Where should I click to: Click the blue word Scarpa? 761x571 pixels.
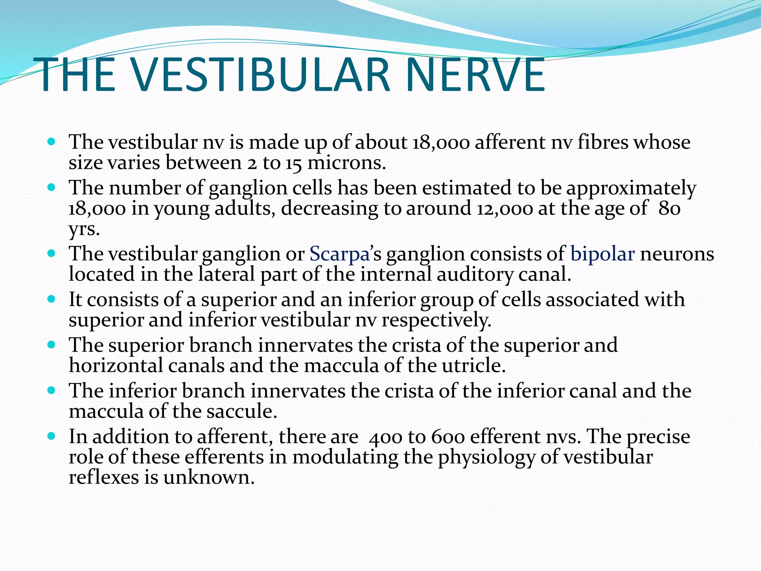pyautogui.click(x=339, y=254)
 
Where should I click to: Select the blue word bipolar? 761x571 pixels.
pyautogui.click(x=602, y=254)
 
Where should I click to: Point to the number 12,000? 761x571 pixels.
pyautogui.click(x=504, y=209)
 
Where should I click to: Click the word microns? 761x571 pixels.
pyautogui.click(x=346, y=163)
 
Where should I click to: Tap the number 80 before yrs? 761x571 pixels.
pyautogui.click(x=669, y=209)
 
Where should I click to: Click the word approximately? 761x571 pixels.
pyautogui.click(x=631, y=188)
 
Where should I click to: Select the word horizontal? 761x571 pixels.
pyautogui.click(x=116, y=365)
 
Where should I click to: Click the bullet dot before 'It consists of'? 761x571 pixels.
pyautogui.click(x=52, y=299)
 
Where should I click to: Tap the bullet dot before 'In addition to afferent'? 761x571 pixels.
pyautogui.click(x=52, y=436)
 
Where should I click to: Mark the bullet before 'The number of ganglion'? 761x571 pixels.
pyautogui.click(x=52, y=187)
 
